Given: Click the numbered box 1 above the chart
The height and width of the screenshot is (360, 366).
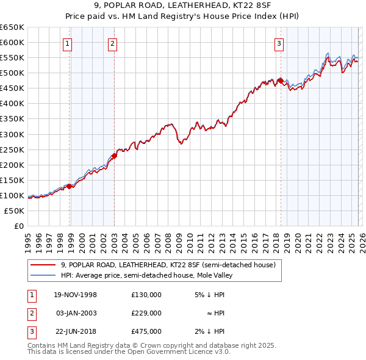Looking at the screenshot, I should (66, 43).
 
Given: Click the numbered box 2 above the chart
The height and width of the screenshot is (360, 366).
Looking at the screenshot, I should (113, 43).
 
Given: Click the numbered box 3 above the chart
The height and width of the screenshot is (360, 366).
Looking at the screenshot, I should (279, 43).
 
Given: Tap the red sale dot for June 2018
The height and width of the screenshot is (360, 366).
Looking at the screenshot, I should (280, 81).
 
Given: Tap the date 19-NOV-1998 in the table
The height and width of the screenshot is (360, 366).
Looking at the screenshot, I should (75, 295).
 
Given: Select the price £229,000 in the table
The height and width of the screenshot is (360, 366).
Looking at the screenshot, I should (146, 313).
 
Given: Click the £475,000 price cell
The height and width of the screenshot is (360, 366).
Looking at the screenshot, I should (146, 331).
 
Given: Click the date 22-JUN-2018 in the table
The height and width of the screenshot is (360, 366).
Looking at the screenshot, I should (75, 331).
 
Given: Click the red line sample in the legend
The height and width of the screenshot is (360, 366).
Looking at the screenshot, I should (43, 265).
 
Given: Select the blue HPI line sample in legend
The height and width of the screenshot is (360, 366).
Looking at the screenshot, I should (43, 276).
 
